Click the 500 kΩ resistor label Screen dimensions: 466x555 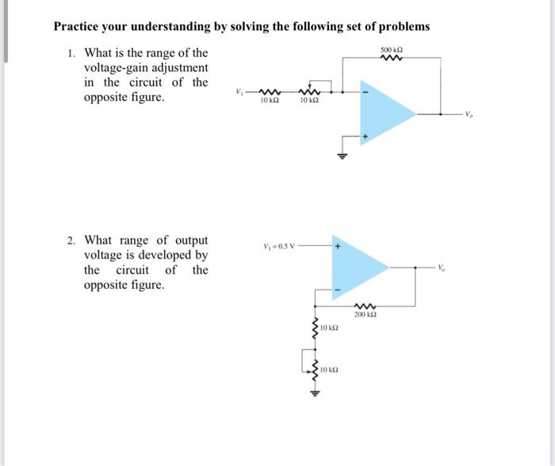point(392,50)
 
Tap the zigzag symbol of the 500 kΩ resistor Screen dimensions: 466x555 point(392,59)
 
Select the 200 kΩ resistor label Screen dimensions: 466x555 point(366,315)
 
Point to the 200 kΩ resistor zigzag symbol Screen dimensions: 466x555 point(366,306)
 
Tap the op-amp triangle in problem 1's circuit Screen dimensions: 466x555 point(385,114)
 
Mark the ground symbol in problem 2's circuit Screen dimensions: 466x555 point(315,391)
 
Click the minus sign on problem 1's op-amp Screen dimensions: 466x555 point(366,90)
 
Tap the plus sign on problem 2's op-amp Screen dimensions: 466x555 point(338,247)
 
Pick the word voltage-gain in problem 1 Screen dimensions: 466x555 point(118,67)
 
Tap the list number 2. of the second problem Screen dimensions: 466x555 point(71,240)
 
